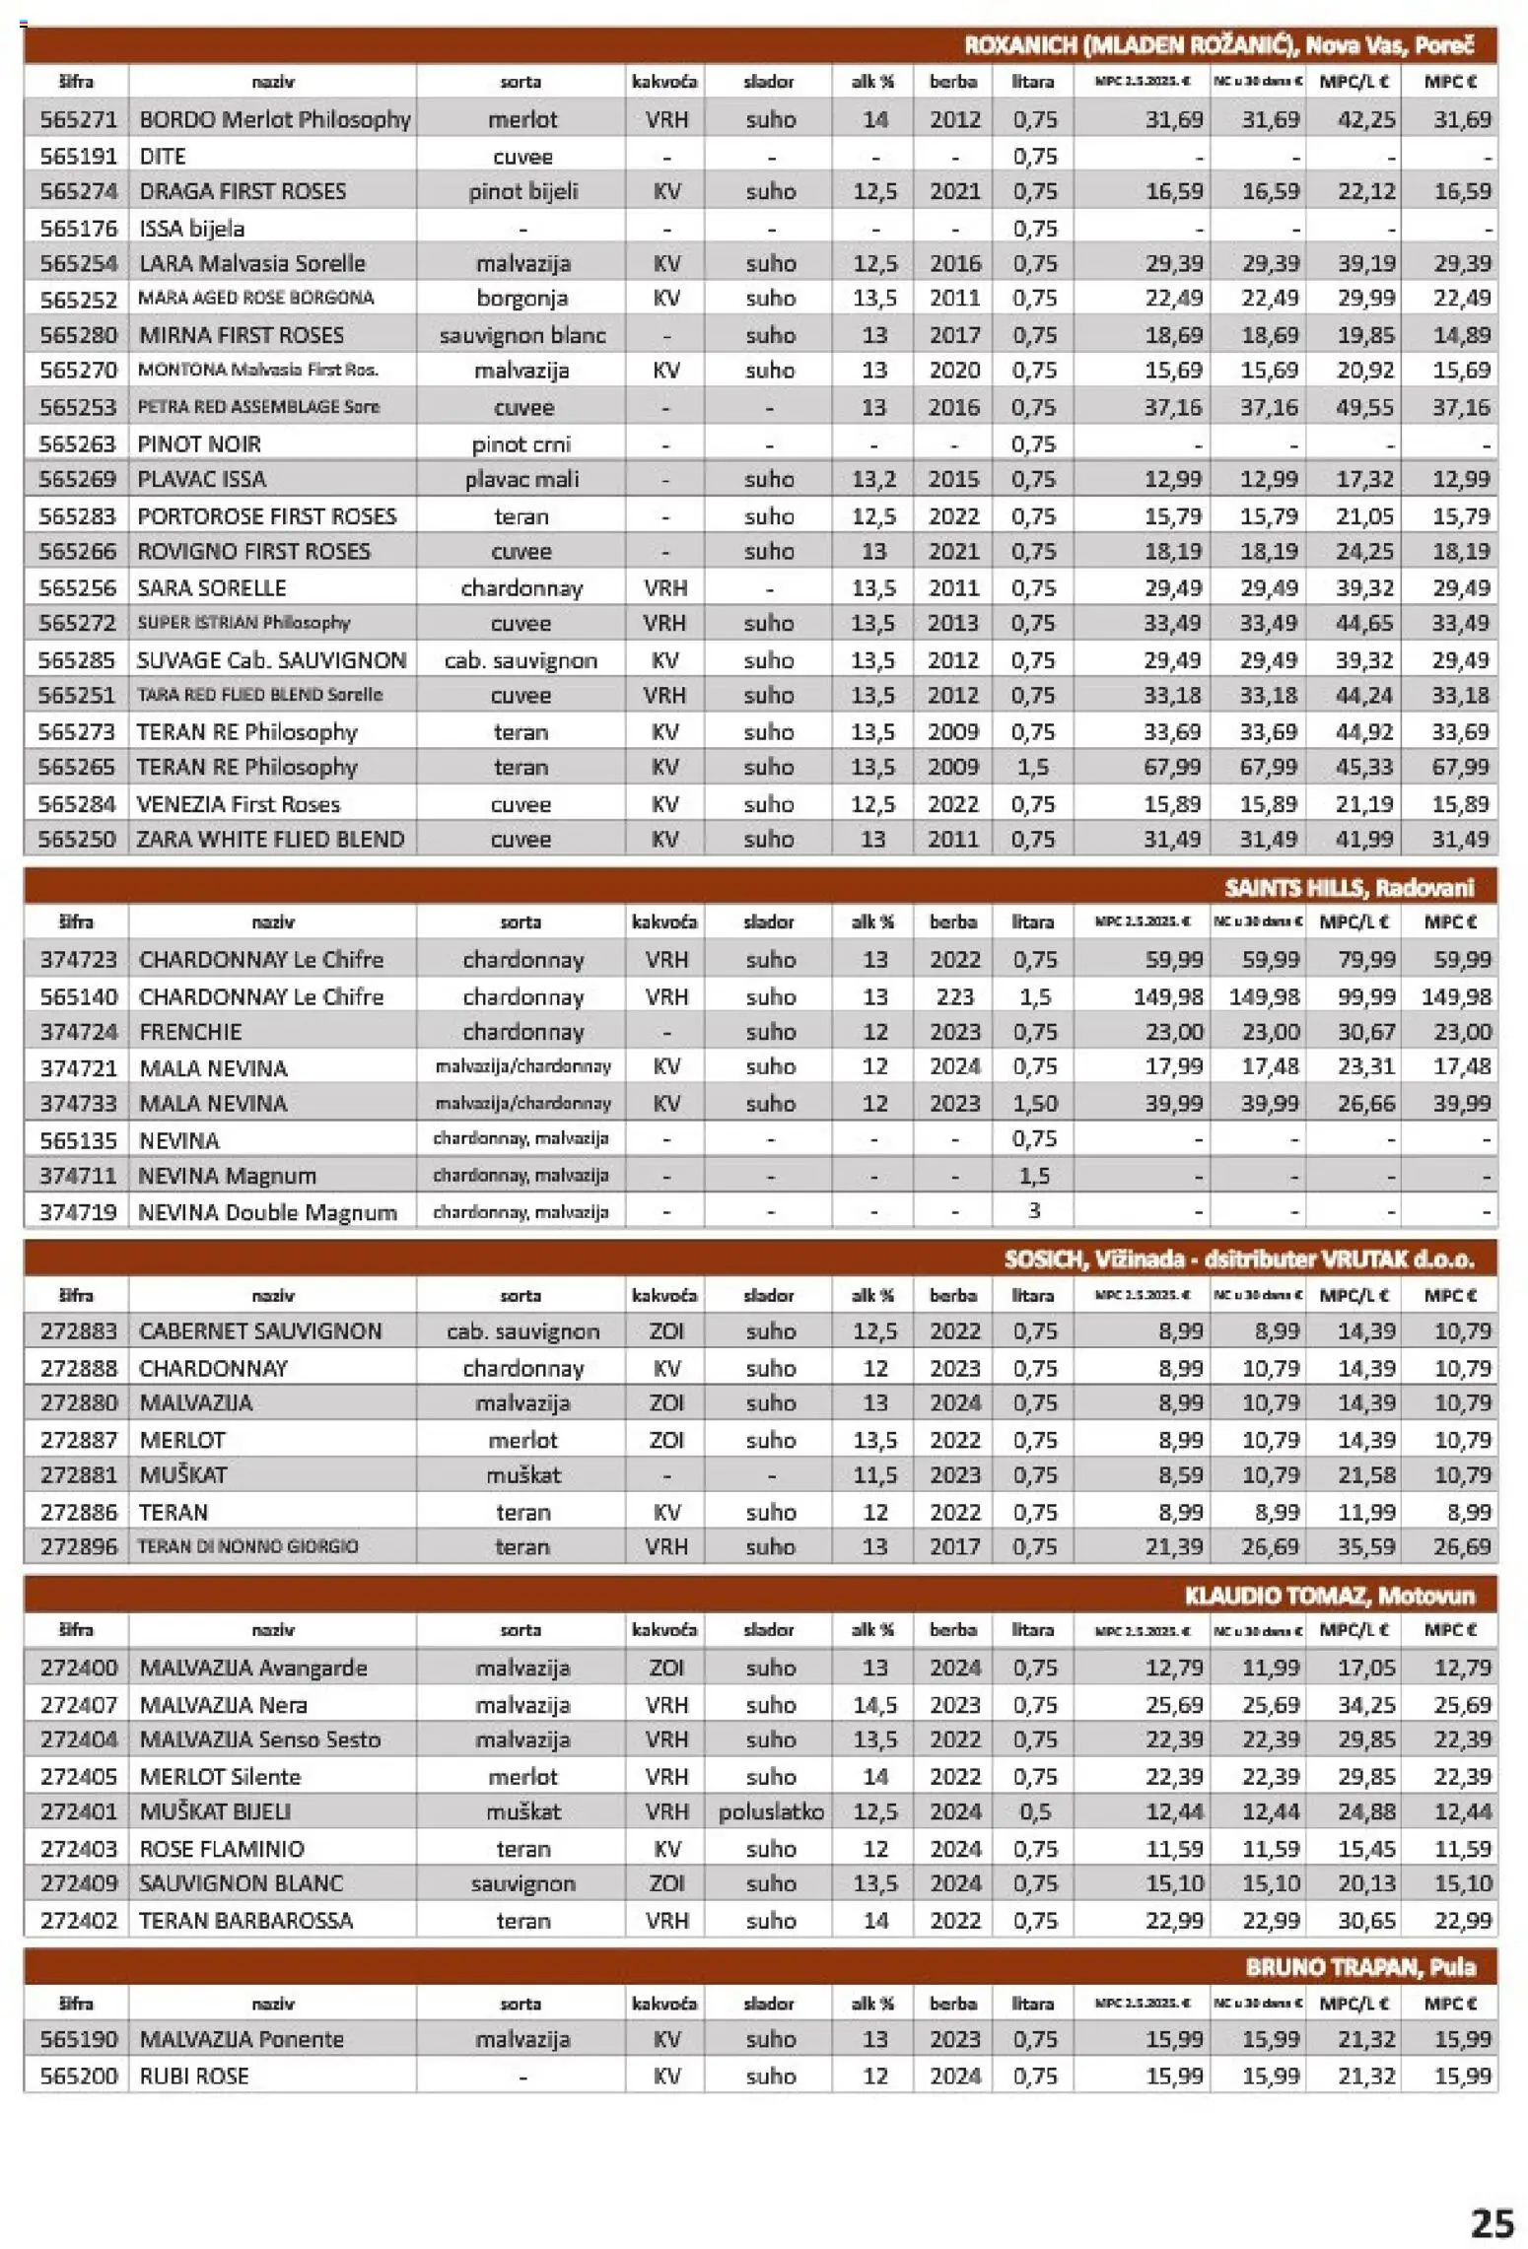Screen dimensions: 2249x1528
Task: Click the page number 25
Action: pyautogui.click(x=1492, y=2222)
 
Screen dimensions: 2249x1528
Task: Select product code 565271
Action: pyautogui.click(x=78, y=120)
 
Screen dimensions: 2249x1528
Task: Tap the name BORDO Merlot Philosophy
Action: pyautogui.click(x=274, y=120)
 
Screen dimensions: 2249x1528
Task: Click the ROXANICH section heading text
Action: pyautogui.click(x=1218, y=45)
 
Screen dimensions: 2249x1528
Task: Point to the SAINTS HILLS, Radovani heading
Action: pyautogui.click(x=1349, y=887)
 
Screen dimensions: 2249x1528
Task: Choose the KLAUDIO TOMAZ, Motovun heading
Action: pyautogui.click(x=1329, y=1596)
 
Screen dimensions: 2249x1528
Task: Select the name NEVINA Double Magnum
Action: pyautogui.click(x=267, y=1212)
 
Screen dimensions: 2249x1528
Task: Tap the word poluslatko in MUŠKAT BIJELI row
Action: pyautogui.click(x=771, y=1811)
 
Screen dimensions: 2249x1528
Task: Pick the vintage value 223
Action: pyautogui.click(x=954, y=996)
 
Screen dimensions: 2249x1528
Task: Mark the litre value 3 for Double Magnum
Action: pyautogui.click(x=1034, y=1211)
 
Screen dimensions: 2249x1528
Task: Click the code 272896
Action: pyautogui.click(x=78, y=1546)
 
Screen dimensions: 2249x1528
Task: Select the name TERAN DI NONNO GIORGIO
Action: pyautogui.click(x=247, y=1546)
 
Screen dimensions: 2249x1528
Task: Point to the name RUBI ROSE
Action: pyautogui.click(x=193, y=2077)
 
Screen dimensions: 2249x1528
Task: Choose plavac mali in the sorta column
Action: pyautogui.click(x=521, y=480)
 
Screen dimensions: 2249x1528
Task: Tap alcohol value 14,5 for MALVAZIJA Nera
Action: pyautogui.click(x=874, y=1705)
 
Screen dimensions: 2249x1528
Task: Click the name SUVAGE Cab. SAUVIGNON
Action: pyautogui.click(x=271, y=660)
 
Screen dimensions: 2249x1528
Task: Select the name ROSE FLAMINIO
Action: pyautogui.click(x=222, y=1849)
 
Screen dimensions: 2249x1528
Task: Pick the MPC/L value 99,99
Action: pyautogui.click(x=1365, y=996)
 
